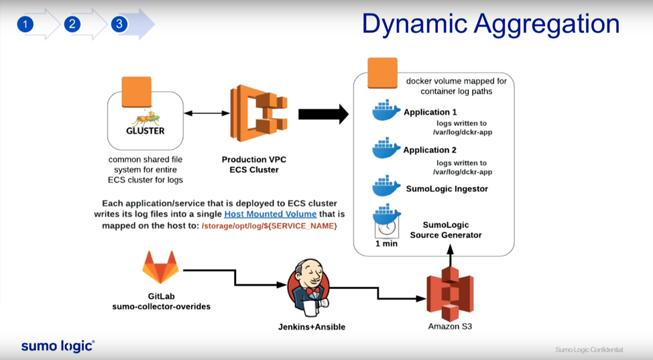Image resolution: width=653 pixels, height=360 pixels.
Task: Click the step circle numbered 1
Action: [x=25, y=24]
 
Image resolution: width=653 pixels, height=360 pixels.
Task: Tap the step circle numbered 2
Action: [x=72, y=24]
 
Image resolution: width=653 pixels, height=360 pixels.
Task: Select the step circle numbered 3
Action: [x=119, y=24]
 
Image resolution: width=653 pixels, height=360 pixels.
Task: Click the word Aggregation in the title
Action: [x=547, y=25]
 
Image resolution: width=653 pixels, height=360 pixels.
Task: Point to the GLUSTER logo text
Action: [x=145, y=131]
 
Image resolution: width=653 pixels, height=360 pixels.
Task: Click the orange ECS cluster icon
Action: [x=259, y=113]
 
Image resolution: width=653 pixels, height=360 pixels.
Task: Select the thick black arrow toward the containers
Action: [x=324, y=114]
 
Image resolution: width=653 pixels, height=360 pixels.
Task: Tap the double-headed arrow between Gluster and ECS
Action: [x=207, y=113]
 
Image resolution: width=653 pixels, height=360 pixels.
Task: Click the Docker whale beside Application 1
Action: [x=386, y=110]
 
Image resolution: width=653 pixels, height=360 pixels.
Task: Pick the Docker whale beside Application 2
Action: [x=386, y=148]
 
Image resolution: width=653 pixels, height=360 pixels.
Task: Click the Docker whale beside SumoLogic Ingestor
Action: [x=386, y=186]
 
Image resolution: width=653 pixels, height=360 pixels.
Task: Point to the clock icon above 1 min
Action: [x=387, y=227]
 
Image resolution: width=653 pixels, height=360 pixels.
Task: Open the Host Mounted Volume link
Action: [x=270, y=214]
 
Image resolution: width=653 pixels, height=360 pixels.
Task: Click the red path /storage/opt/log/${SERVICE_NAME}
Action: [x=270, y=226]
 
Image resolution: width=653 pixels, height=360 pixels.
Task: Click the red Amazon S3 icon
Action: [x=450, y=294]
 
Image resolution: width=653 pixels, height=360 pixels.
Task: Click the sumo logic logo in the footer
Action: [x=58, y=346]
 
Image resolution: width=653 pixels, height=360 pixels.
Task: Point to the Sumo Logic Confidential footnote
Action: [x=589, y=349]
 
